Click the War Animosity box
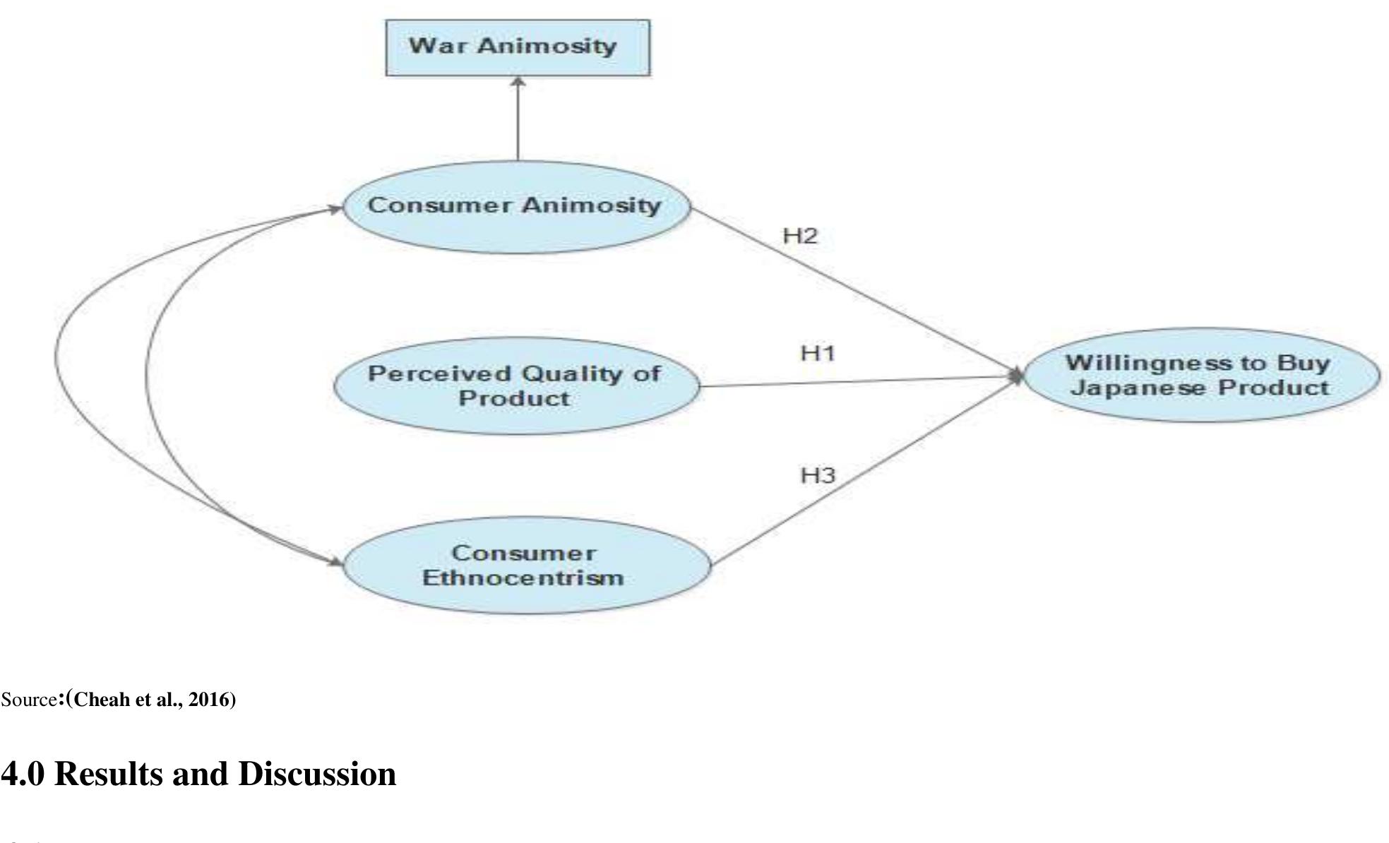pyautogui.click(x=517, y=47)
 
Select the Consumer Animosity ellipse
pyautogui.click(x=515, y=208)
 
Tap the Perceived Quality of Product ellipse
pyautogui.click(x=515, y=385)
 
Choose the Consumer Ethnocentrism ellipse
pyautogui.click(x=526, y=566)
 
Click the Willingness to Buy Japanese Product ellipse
pyautogui.click(x=1200, y=375)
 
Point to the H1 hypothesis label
pyautogui.click(x=817, y=352)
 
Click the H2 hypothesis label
pyautogui.click(x=799, y=236)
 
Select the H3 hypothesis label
pyautogui.click(x=817, y=475)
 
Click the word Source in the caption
pyautogui.click(x=28, y=700)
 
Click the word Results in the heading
pyautogui.click(x=108, y=774)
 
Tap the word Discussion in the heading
pyautogui.click(x=317, y=774)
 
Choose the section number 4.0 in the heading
pyautogui.click(x=22, y=774)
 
